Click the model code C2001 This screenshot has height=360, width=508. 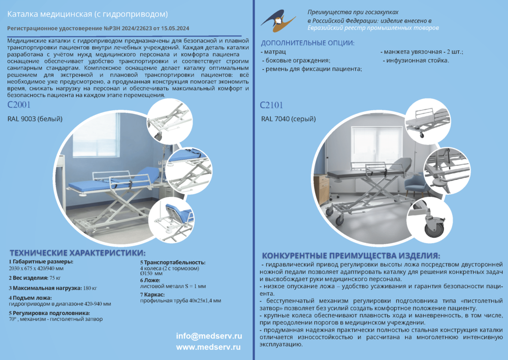[19, 105]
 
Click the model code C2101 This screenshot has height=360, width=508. [271, 105]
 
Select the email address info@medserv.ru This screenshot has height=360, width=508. [208, 336]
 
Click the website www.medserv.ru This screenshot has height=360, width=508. [208, 347]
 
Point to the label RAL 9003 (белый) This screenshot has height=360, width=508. [35, 119]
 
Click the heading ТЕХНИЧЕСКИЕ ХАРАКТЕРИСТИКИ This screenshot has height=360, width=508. [78, 253]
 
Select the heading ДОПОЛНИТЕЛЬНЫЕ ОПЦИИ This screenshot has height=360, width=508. [307, 43]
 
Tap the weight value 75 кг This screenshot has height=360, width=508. [55, 278]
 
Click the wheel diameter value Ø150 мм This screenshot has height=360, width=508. [151, 274]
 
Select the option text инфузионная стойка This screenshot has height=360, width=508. [417, 61]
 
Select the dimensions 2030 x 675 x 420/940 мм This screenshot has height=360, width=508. [36, 268]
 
